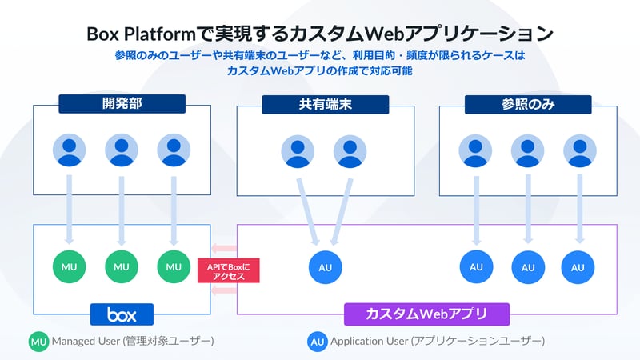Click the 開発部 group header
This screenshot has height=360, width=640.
pyautogui.click(x=122, y=103)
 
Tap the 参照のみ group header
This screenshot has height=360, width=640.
pyautogui.click(x=529, y=104)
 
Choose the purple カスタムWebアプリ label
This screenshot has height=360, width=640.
pyautogui.click(x=426, y=314)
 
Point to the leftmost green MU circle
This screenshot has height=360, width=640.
pyautogui.click(x=68, y=266)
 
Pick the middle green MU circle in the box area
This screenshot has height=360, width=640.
pyautogui.click(x=122, y=266)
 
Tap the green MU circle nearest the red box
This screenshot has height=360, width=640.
pyautogui.click(x=174, y=266)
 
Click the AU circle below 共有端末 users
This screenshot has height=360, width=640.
pyautogui.click(x=325, y=266)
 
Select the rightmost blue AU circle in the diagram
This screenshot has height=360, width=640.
pyautogui.click(x=578, y=267)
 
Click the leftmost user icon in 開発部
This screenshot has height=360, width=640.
pyautogui.click(x=69, y=150)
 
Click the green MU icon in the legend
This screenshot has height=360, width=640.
pyautogui.click(x=39, y=342)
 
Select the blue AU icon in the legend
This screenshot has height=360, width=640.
pyautogui.click(x=318, y=342)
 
